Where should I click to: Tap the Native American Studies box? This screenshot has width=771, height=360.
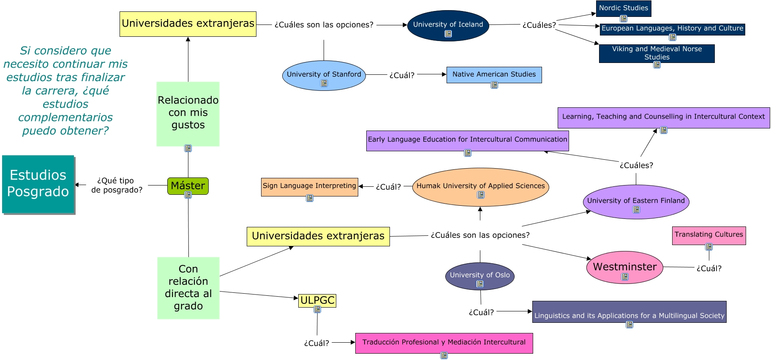(494, 75)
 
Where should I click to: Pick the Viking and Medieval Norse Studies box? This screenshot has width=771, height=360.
(657, 53)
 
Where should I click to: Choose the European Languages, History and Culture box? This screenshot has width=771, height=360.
(672, 29)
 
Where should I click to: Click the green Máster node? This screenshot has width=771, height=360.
(188, 185)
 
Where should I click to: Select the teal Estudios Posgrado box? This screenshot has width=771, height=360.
(38, 184)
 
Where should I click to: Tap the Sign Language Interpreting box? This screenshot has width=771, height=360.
(309, 186)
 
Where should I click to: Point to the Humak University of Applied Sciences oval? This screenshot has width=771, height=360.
(480, 186)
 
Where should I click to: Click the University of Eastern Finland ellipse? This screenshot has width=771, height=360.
(636, 201)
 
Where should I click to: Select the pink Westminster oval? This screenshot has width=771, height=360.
(624, 267)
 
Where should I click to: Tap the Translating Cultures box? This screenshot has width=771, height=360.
(708, 235)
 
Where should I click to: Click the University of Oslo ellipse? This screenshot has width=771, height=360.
(479, 275)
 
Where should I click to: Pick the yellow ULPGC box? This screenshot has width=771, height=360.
(317, 300)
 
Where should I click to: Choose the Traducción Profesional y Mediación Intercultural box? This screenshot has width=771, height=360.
(444, 343)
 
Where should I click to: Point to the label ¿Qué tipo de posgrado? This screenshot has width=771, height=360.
(116, 185)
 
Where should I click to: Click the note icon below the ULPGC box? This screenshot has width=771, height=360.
(317, 310)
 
